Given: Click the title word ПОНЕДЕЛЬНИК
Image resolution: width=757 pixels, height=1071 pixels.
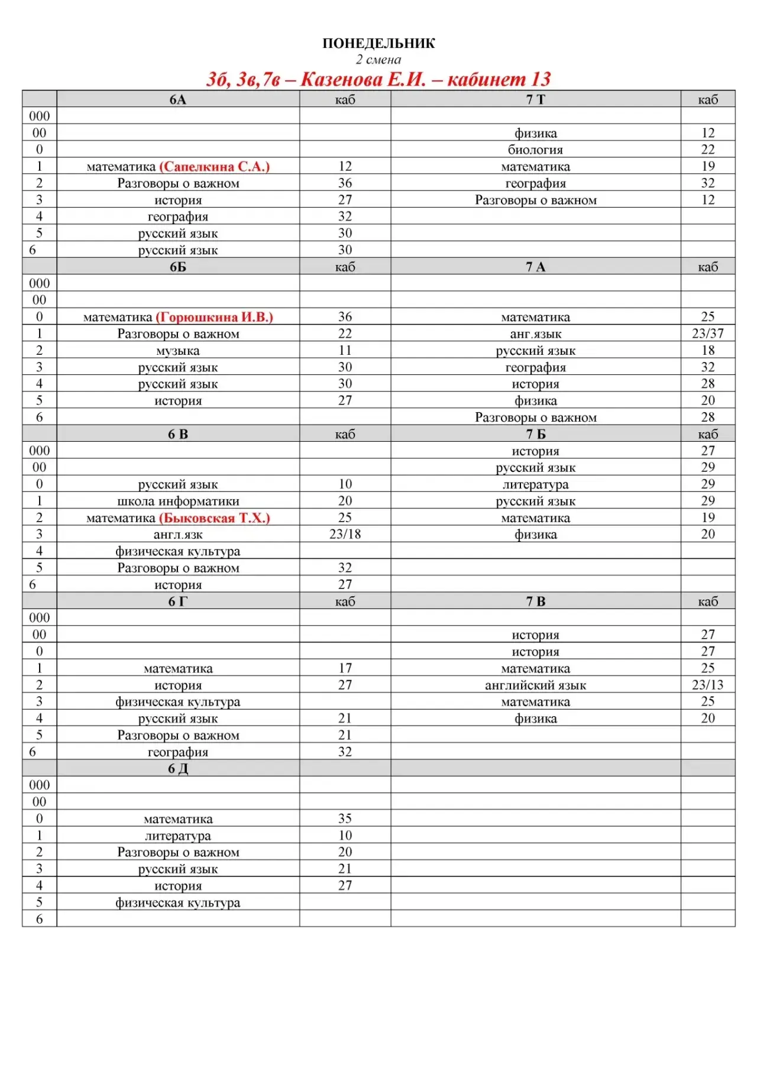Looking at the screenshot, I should pyautogui.click(x=378, y=43).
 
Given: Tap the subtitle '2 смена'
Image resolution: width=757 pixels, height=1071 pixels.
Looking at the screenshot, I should pyautogui.click(x=378, y=60).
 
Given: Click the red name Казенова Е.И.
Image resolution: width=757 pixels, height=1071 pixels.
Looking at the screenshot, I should pyautogui.click(x=363, y=79).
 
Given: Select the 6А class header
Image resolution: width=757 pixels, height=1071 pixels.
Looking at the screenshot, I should pyautogui.click(x=177, y=99).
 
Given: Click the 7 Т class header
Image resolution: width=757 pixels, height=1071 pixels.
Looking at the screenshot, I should pyautogui.click(x=535, y=99).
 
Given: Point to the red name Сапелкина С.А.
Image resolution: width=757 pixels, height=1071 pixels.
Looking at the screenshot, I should pyautogui.click(x=215, y=167).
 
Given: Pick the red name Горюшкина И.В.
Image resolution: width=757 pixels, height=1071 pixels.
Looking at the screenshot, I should pyautogui.click(x=215, y=317).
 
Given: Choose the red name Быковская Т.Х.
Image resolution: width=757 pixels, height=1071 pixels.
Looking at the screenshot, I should pyautogui.click(x=215, y=518).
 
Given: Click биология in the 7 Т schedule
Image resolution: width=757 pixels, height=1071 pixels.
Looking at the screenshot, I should pyautogui.click(x=535, y=150).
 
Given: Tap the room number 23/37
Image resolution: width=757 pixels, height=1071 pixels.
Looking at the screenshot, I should pyautogui.click(x=707, y=334).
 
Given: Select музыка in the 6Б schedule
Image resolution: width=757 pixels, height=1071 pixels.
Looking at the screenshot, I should pyautogui.click(x=177, y=351).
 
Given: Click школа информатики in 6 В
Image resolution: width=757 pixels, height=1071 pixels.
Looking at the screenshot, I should pyautogui.click(x=177, y=501).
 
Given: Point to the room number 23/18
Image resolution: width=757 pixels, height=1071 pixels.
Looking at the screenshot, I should pyautogui.click(x=345, y=535).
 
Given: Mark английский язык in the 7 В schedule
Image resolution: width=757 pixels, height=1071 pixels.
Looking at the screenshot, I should pyautogui.click(x=535, y=685).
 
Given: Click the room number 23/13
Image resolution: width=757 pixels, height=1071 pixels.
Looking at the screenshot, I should pyautogui.click(x=707, y=685).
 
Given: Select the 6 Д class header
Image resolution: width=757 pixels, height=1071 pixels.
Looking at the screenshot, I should pyautogui.click(x=177, y=769).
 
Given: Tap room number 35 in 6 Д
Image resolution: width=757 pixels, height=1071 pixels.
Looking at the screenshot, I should pyautogui.click(x=345, y=818).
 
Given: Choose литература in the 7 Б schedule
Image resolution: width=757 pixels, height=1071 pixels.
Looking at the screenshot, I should pyautogui.click(x=535, y=485).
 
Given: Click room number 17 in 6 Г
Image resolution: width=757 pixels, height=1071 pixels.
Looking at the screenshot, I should pyautogui.click(x=345, y=668).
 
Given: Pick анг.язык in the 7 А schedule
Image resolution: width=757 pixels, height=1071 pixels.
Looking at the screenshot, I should pyautogui.click(x=535, y=334).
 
